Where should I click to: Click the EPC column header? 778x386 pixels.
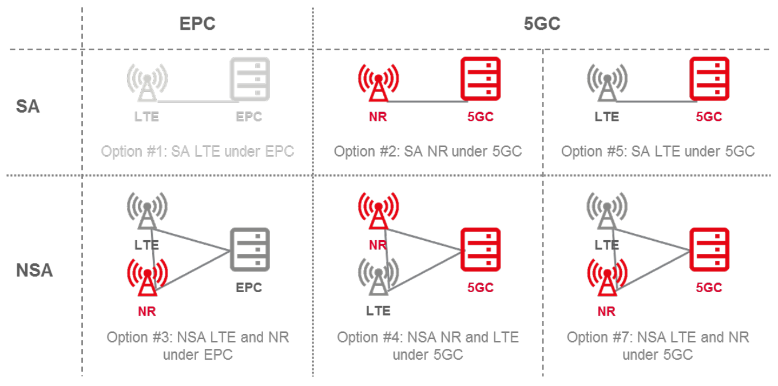coord(197,23)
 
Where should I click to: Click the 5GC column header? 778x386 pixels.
coord(541,23)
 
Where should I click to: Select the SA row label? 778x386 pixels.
coord(27,106)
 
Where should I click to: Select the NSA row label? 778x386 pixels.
coord(34,269)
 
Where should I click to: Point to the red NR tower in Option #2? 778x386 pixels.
coord(378,83)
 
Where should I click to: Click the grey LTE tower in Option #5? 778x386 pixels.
coord(606,83)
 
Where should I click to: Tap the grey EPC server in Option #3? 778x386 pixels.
coord(249,250)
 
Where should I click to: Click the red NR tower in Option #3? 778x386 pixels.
coord(147,278)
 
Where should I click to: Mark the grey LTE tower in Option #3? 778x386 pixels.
coord(147,212)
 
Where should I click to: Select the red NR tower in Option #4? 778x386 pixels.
coord(378,212)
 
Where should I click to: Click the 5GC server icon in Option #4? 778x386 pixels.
coord(480,250)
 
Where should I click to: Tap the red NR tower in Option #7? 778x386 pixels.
coord(606,278)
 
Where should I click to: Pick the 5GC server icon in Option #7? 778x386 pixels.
coord(709,250)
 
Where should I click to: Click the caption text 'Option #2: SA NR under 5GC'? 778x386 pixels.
coord(428,152)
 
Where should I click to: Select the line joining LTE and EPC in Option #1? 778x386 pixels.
coord(194,102)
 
